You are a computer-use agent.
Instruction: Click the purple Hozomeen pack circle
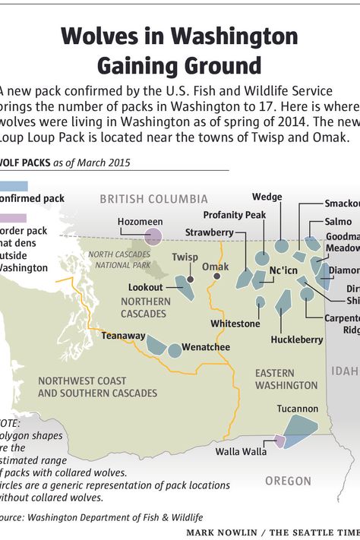coord(153,237)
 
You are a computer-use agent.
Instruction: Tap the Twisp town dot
coord(191,279)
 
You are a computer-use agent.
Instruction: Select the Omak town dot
coord(217,276)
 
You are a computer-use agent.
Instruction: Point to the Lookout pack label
coord(145,288)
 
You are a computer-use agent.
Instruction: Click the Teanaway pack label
coord(123,335)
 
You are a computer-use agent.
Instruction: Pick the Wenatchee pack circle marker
coord(175,351)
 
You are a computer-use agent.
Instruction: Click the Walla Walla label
coord(241,451)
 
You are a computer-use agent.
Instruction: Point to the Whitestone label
coord(235,324)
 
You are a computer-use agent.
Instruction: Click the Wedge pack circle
coord(281,245)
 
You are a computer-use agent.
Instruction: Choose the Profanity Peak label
coord(235,215)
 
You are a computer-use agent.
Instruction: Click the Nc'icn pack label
coord(283,271)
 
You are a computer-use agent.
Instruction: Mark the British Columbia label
coord(154,199)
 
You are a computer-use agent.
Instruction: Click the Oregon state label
coord(288,481)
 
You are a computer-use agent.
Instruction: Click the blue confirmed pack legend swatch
coord(14,185)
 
